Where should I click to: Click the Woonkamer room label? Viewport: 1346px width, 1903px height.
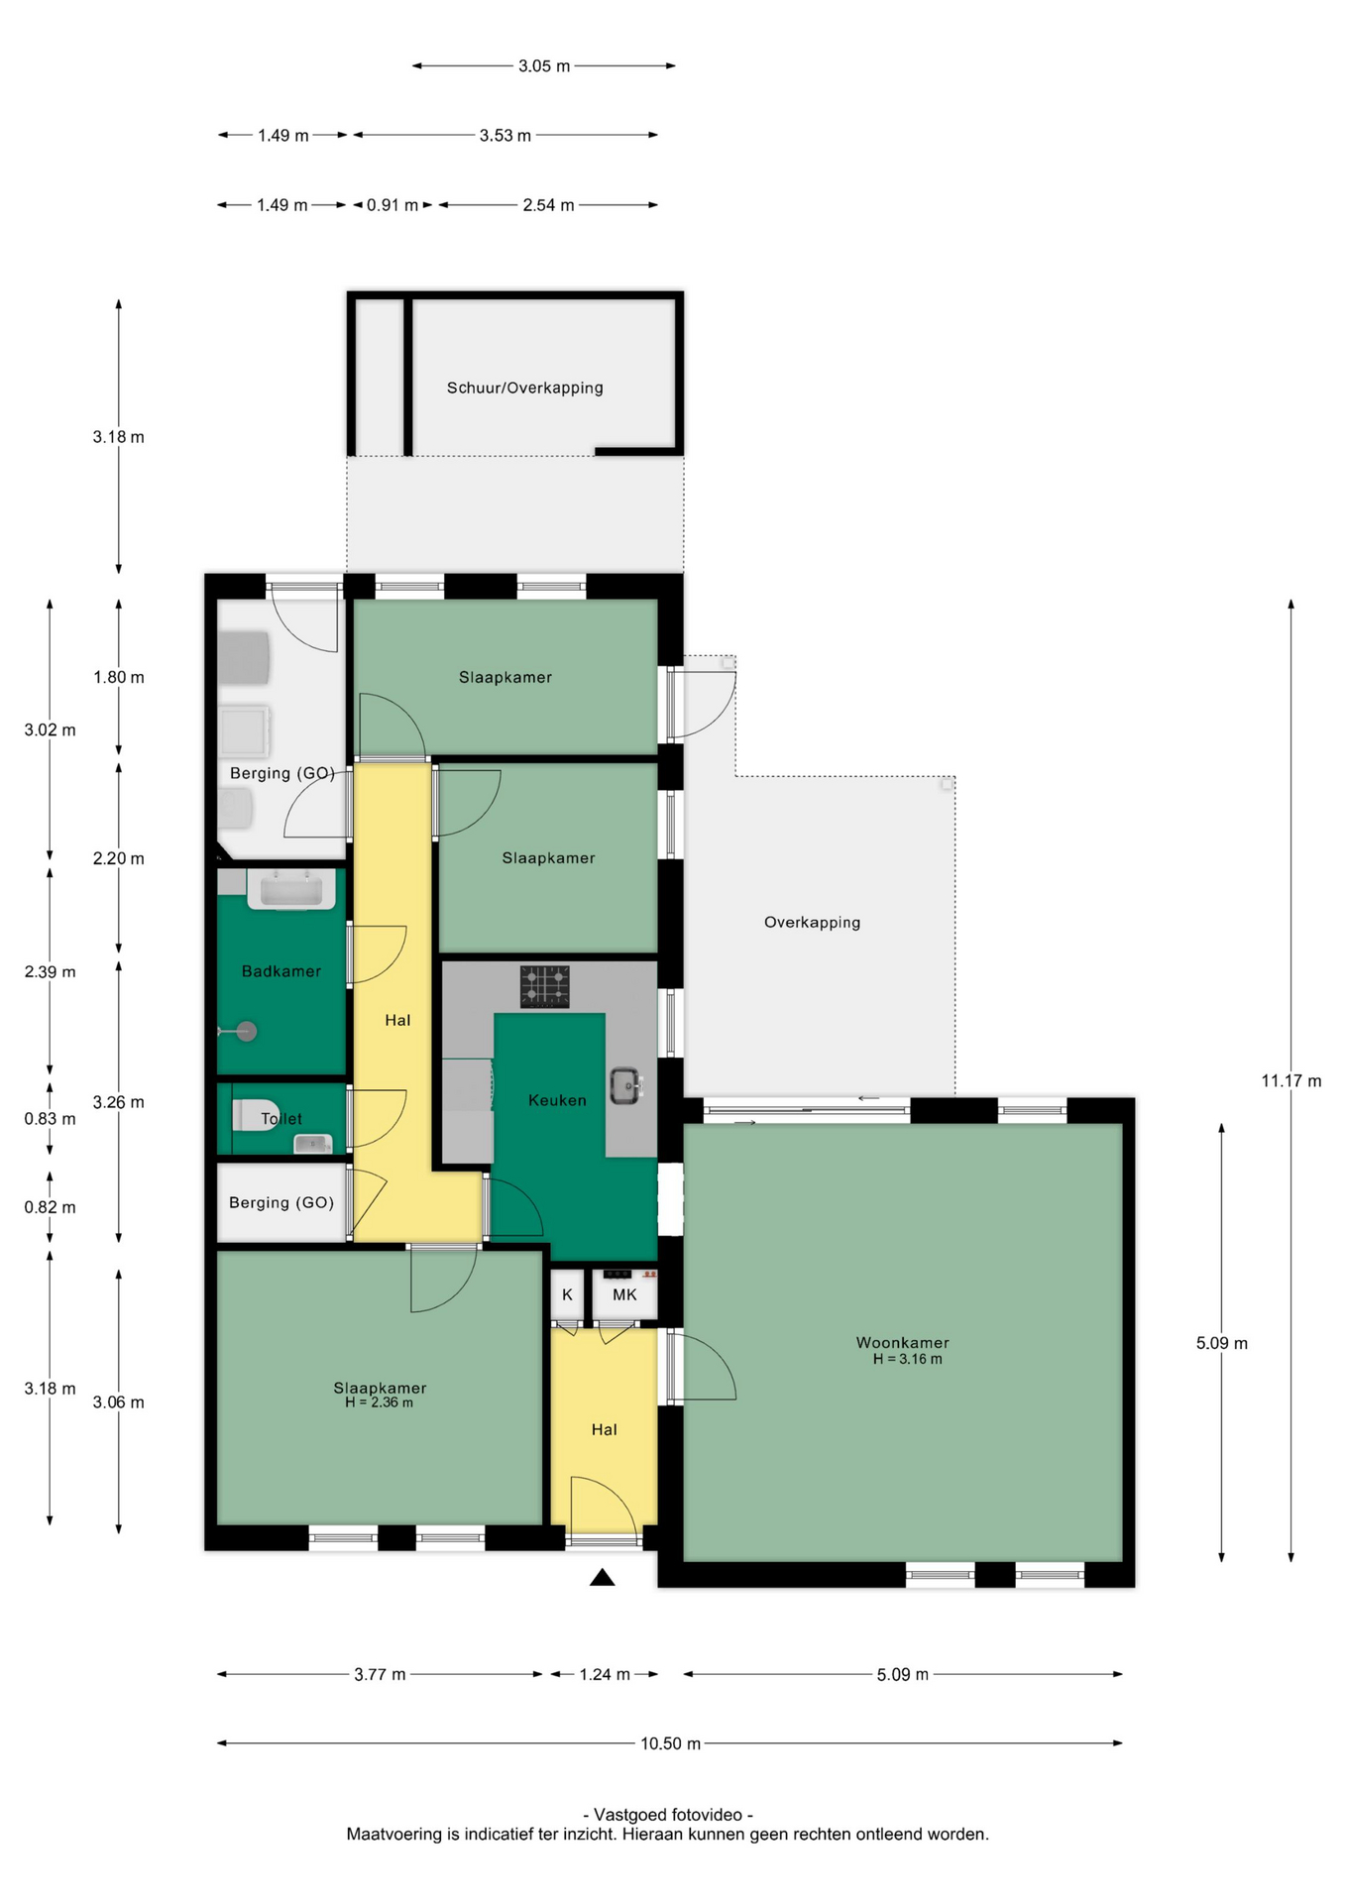click(902, 1343)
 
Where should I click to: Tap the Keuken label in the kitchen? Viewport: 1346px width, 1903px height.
click(557, 1100)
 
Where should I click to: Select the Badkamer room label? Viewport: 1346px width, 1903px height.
click(281, 971)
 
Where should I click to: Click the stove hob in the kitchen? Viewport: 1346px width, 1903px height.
click(545, 987)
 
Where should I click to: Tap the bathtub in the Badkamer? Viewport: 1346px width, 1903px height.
click(290, 889)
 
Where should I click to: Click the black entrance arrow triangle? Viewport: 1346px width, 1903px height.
click(603, 1577)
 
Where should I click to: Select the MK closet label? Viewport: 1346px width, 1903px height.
click(624, 1294)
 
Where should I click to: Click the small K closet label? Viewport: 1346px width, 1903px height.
click(567, 1294)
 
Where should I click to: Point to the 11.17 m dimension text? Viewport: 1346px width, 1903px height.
click(1290, 1080)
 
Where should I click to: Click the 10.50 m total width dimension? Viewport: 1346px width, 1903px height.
click(670, 1743)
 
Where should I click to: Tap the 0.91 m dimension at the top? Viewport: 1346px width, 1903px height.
click(393, 205)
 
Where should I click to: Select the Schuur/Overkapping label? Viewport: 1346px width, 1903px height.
click(524, 388)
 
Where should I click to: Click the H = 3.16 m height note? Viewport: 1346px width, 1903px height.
click(907, 1359)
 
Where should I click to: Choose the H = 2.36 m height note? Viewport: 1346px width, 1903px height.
click(379, 1402)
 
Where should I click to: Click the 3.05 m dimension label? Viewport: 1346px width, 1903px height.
click(544, 66)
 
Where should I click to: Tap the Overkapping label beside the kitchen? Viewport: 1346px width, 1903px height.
click(812, 922)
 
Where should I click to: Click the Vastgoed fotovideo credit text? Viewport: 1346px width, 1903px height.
click(668, 1815)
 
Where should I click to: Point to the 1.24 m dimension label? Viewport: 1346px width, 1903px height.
click(605, 1674)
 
